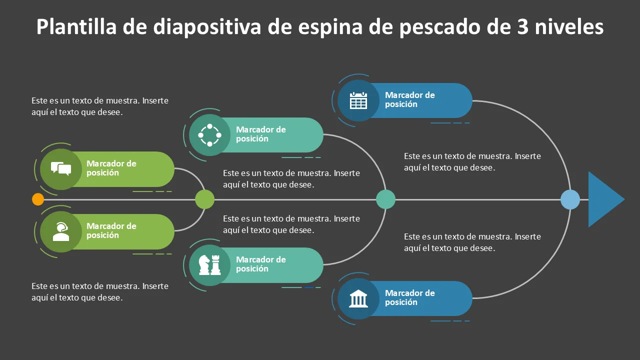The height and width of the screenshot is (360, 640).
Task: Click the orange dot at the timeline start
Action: (x=38, y=199)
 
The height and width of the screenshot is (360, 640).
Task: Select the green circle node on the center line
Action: (x=204, y=199)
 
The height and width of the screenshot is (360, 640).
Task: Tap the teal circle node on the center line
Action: (x=385, y=199)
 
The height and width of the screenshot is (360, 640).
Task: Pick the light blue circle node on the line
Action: (x=570, y=199)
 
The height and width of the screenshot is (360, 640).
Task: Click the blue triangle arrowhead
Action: (x=604, y=199)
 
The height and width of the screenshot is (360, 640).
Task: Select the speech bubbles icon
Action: (x=61, y=168)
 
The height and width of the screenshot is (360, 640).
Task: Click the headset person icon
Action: (x=61, y=231)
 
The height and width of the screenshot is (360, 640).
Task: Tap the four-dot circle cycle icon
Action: (x=209, y=135)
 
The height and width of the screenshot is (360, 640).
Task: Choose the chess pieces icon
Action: (x=209, y=265)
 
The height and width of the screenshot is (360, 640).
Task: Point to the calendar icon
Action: (x=358, y=100)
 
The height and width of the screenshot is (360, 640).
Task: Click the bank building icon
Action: (x=358, y=298)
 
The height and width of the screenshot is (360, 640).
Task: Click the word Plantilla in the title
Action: (x=76, y=26)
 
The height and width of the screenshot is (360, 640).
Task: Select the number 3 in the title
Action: (x=522, y=27)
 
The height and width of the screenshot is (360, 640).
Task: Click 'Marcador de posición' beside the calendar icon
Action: (x=409, y=99)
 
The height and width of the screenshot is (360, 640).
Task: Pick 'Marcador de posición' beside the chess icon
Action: (x=261, y=264)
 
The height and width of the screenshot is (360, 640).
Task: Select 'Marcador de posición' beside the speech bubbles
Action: (x=111, y=168)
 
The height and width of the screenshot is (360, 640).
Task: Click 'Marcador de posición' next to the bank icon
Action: (x=409, y=297)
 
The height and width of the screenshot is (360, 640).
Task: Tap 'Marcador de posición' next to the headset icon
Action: (x=111, y=230)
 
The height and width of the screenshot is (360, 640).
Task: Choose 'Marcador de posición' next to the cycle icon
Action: (x=261, y=134)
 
